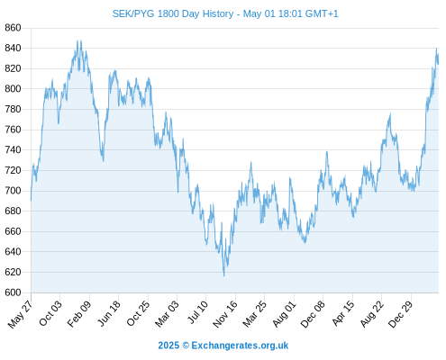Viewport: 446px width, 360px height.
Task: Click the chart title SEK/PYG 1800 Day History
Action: pos(173,13)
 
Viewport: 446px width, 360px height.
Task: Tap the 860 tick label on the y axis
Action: pos(13,28)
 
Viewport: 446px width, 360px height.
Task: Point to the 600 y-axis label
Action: pos(13,292)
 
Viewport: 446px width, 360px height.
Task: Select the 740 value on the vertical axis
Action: pos(13,149)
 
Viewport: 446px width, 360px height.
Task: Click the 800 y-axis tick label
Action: pos(13,89)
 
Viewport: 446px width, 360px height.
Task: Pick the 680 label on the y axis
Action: pos(13,211)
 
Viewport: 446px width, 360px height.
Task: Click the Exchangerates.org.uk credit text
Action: pos(240,346)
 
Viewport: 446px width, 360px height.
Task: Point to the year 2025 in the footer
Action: pos(168,346)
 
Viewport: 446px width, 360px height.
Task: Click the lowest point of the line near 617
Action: pos(224,275)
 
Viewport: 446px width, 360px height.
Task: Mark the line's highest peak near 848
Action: pos(77,40)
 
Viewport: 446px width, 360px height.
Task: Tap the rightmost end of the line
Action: pos(438,63)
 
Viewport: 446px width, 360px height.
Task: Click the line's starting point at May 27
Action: pos(31,201)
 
